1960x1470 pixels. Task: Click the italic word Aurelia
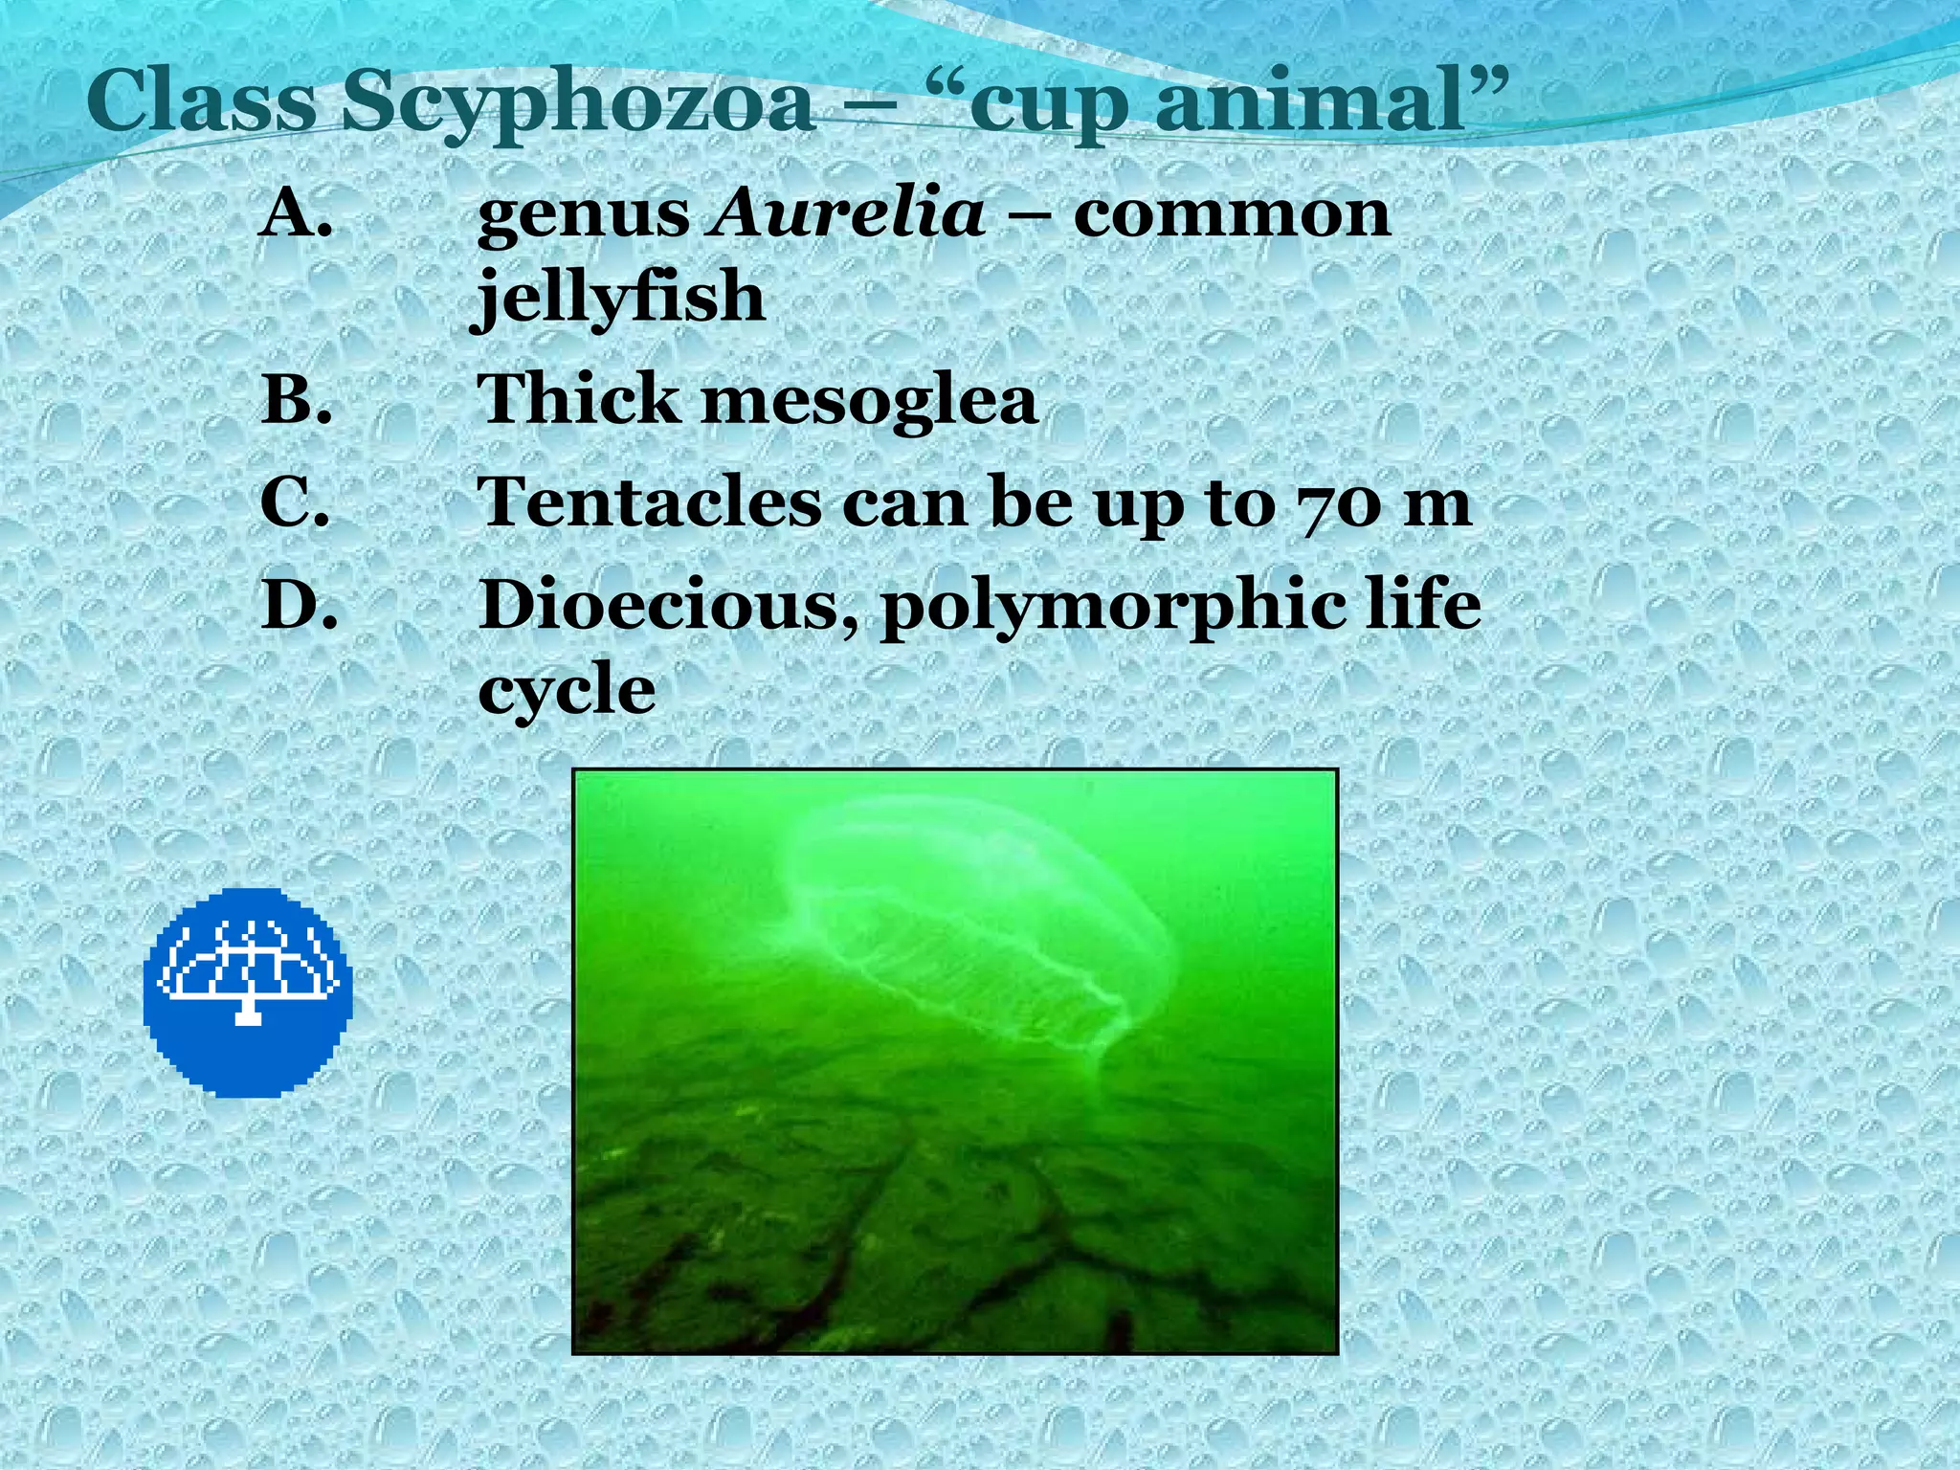click(847, 212)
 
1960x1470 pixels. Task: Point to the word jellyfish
click(620, 297)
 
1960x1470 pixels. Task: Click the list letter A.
click(296, 212)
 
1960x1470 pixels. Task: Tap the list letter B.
click(296, 399)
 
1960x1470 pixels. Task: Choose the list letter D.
click(299, 605)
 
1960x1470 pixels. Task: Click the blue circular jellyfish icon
click(248, 991)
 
